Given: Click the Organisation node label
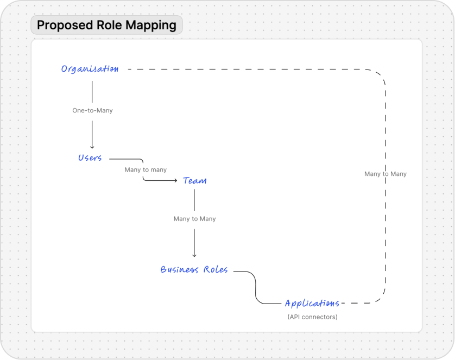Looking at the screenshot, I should pyautogui.click(x=90, y=69).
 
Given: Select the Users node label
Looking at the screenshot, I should pyautogui.click(x=90, y=158).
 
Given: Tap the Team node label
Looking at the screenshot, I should pyautogui.click(x=195, y=180).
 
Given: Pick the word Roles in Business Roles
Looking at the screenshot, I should pyautogui.click(x=216, y=270).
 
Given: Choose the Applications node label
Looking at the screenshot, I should pyautogui.click(x=312, y=304).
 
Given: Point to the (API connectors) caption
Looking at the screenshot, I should pyautogui.click(x=312, y=317).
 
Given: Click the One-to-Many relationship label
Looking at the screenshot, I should pyautogui.click(x=92, y=110).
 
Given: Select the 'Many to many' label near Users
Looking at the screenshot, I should pyautogui.click(x=146, y=170).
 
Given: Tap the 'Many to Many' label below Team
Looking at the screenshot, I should pyautogui.click(x=194, y=219).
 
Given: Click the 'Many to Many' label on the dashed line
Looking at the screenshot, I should pyautogui.click(x=386, y=174).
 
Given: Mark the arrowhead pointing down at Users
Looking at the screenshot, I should pyautogui.click(x=92, y=147).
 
